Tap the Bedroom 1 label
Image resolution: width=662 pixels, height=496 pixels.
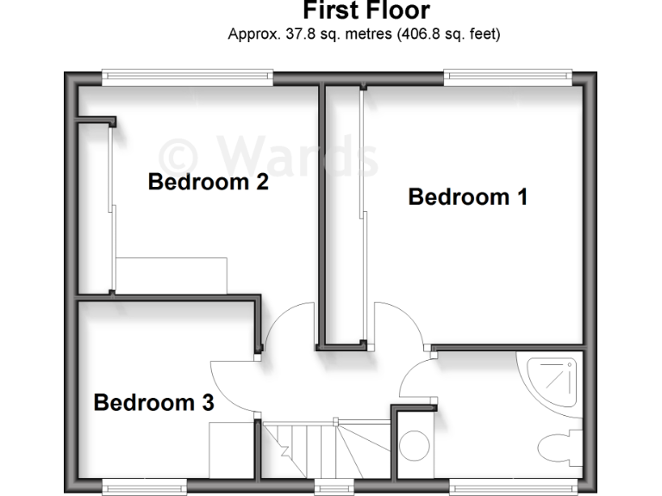(467, 197)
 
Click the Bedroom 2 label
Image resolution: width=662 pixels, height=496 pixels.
(208, 183)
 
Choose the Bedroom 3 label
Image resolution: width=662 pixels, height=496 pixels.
(153, 402)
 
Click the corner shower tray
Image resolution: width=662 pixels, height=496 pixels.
(552, 381)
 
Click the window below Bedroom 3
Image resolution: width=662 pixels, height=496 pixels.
(144, 488)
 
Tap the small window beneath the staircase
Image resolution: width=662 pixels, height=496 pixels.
(328, 488)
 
